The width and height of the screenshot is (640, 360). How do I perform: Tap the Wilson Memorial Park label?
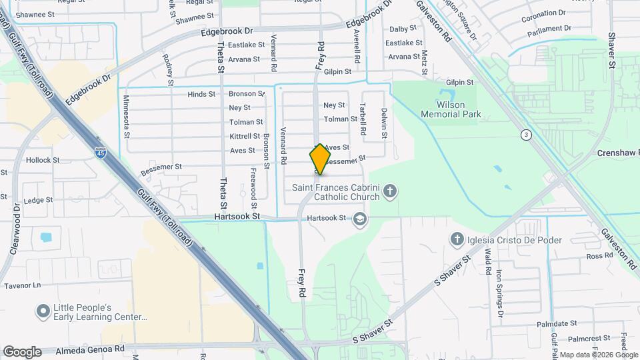click(x=451, y=109)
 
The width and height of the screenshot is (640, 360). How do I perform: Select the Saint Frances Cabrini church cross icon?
click(x=391, y=193)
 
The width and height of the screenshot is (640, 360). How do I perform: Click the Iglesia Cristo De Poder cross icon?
click(x=457, y=239)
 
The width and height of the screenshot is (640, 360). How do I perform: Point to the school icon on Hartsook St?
click(x=360, y=219)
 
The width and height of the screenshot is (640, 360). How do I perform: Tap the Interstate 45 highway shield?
click(x=100, y=153)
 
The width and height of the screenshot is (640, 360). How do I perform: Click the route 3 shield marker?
click(x=527, y=134)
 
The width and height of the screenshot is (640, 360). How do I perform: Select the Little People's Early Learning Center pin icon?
click(x=43, y=311)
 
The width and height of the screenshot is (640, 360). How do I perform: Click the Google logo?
click(x=21, y=351)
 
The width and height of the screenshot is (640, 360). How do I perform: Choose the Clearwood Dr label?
click(x=15, y=213)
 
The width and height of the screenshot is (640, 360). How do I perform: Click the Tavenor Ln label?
click(x=23, y=285)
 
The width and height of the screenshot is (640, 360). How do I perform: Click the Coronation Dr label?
click(x=543, y=13)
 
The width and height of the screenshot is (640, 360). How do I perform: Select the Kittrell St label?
click(x=245, y=136)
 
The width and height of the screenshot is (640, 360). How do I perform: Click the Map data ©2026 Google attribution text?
click(x=598, y=354)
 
